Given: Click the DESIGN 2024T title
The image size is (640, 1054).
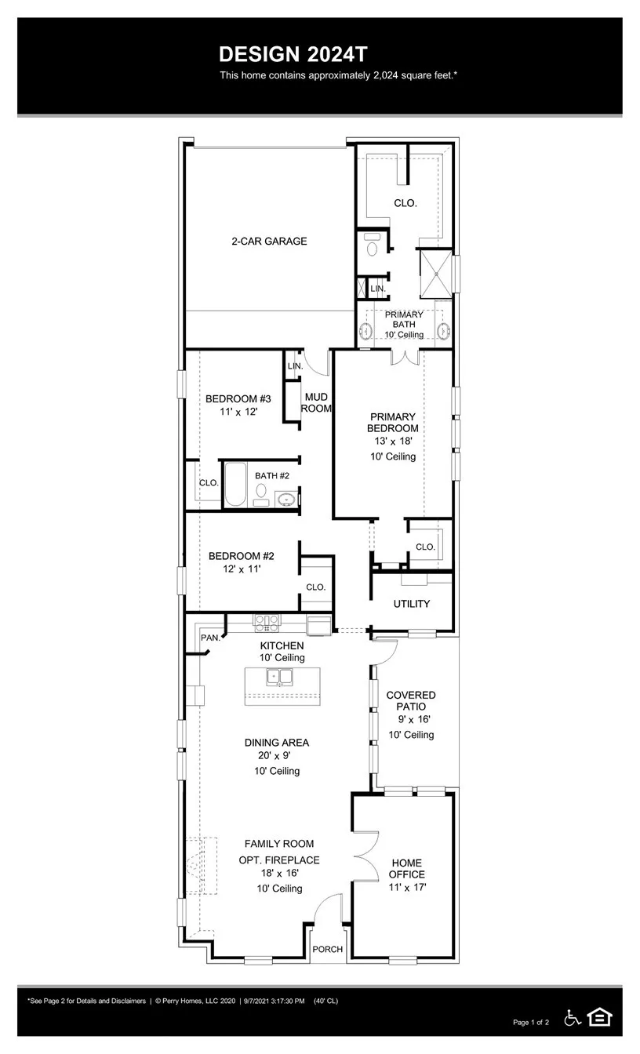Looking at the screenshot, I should tap(293, 54).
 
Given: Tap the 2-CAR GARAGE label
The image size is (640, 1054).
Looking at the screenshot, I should tap(269, 242).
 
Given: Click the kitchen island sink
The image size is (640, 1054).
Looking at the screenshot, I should tap(278, 677).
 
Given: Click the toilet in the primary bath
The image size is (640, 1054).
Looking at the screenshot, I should tap(373, 245).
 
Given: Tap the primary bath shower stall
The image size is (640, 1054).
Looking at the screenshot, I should tap(436, 272).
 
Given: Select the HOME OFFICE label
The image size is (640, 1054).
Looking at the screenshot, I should tap(407, 868).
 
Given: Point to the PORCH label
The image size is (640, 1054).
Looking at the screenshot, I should tap(328, 949).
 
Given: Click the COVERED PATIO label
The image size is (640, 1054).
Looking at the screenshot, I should tap(411, 701).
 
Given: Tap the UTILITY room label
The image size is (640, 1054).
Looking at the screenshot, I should tap(412, 604).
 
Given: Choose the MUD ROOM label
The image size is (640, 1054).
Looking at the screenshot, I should tap(316, 403).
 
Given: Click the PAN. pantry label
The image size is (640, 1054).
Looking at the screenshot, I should tap(210, 638).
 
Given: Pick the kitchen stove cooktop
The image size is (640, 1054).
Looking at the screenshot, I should tap(266, 623).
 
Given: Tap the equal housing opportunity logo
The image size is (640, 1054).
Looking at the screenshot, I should tap(600, 1017).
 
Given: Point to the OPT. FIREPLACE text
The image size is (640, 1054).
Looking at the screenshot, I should tap(279, 860).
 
